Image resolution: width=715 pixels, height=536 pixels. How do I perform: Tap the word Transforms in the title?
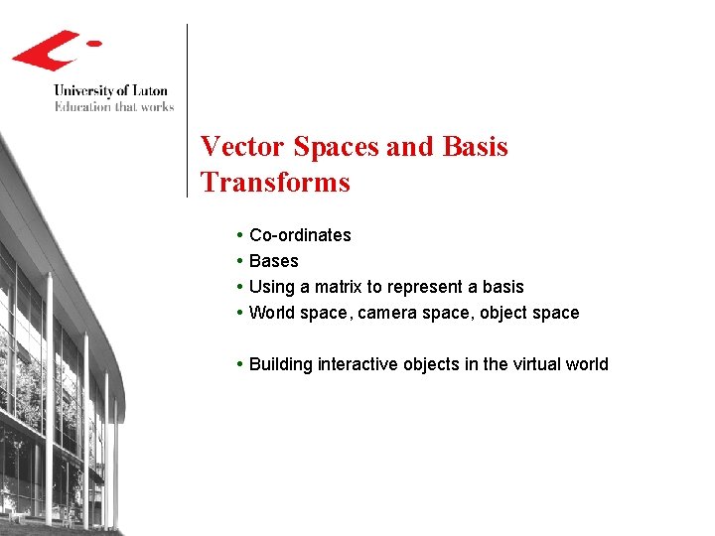coord(275,183)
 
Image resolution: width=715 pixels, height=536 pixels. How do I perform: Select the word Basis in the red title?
coord(474,147)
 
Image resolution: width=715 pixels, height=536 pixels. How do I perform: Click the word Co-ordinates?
coord(300,235)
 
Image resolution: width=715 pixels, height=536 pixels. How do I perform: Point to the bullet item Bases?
coord(273,261)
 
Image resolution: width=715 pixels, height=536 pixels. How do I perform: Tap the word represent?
coord(426,287)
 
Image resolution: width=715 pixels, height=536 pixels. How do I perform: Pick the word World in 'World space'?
coord(272,313)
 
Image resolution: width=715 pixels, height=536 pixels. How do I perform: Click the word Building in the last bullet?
coord(281,364)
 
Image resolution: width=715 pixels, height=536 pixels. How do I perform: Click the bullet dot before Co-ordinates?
coord(241,235)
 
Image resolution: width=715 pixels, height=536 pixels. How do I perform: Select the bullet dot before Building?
coord(241,364)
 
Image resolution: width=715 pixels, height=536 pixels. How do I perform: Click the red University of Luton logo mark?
coord(50,50)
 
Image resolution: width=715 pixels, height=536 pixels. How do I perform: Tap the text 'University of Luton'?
coord(110,91)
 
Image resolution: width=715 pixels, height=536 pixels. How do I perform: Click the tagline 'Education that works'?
coord(113,106)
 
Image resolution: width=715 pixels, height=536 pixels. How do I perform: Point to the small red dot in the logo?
coord(94,43)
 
